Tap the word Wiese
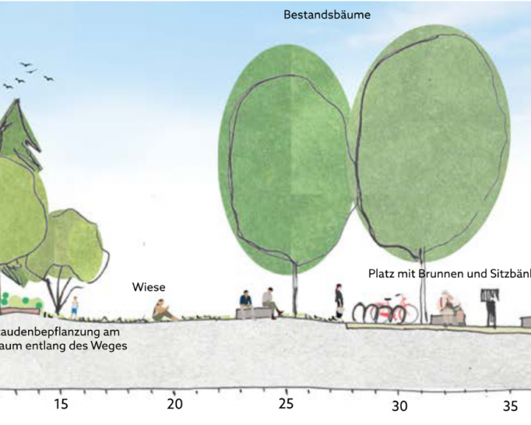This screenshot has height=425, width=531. (x=149, y=287)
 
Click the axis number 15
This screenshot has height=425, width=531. (x=60, y=404)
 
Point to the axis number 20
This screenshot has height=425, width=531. (x=174, y=404)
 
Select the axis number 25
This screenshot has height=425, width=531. (x=286, y=404)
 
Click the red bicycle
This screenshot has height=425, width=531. (x=391, y=308)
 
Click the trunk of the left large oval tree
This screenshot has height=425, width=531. (x=295, y=288)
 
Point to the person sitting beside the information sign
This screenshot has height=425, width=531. (x=447, y=307)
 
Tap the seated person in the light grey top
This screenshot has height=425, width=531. (x=270, y=302)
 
